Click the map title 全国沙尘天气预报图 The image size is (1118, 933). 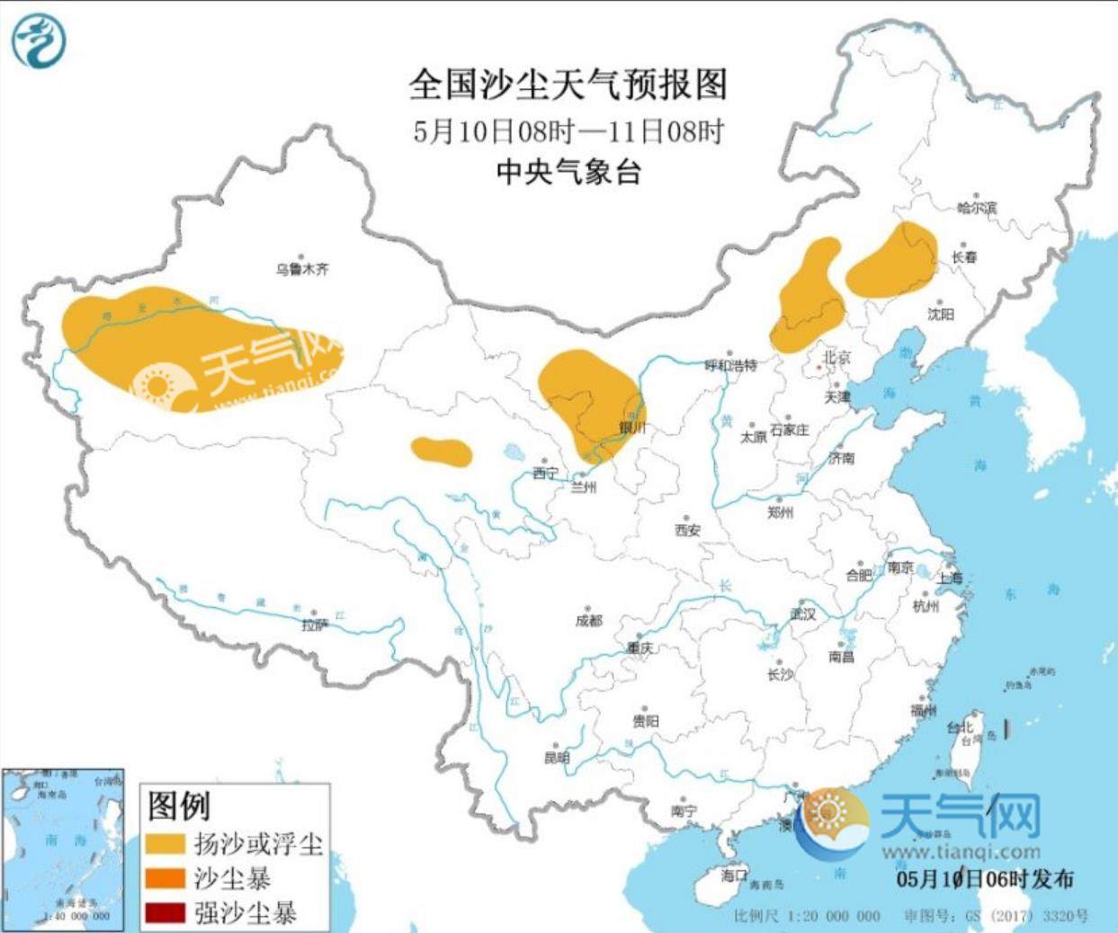(568, 85)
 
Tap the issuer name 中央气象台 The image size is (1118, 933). (568, 171)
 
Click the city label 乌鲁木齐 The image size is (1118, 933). (302, 269)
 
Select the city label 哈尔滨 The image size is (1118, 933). (977, 208)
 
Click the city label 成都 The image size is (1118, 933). (589, 621)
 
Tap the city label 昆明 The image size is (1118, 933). (557, 758)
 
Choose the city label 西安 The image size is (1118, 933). (687, 530)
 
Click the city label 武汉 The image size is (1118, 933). (802, 614)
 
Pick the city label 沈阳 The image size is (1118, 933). (940, 314)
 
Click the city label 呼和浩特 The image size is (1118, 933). (730, 365)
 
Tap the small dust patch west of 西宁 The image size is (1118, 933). (442, 452)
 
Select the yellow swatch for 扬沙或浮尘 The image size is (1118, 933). (165, 843)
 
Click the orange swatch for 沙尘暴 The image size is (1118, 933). (165, 878)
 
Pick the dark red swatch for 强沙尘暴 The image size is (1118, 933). (165, 913)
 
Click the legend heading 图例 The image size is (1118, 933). (179, 805)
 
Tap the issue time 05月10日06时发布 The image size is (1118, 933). (984, 878)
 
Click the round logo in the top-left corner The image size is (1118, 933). (39, 41)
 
